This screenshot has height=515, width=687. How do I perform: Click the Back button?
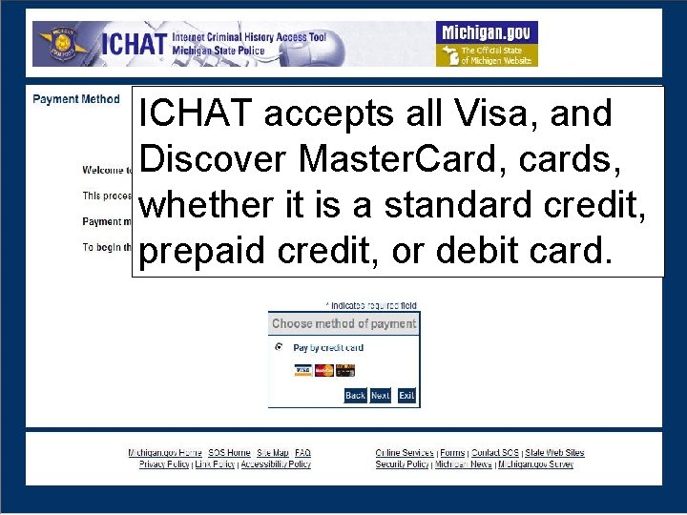pos(355,395)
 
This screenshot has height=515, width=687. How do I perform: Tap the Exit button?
pos(406,395)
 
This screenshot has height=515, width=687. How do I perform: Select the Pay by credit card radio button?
pos(279,348)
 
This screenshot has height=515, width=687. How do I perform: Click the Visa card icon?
pos(302,370)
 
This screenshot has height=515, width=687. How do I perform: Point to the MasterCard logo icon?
pos(324,370)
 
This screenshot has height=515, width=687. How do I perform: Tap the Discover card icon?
pos(345,370)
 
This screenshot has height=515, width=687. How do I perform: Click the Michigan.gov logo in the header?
pos(487,44)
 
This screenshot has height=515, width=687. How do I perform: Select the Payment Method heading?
pos(76,99)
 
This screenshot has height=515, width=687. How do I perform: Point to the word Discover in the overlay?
pos(213,159)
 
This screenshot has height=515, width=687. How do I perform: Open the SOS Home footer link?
pos(229,453)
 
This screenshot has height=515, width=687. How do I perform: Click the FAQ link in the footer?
pos(302,453)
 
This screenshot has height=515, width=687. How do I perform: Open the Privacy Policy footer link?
pos(164,464)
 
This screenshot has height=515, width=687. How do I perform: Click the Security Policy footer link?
pos(402,464)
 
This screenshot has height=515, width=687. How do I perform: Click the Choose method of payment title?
pos(343,323)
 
